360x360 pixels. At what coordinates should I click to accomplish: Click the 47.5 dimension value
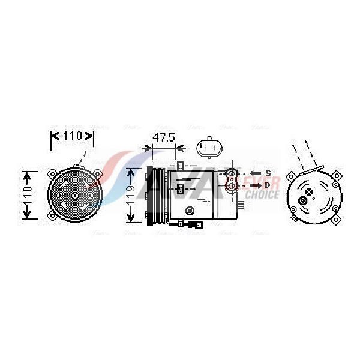click(163, 137)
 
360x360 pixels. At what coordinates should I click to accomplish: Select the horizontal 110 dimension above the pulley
click(72, 136)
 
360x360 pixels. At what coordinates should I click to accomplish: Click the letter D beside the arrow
click(268, 185)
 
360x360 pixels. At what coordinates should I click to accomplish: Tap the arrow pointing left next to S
click(255, 173)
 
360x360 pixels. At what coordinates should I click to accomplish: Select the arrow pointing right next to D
click(255, 185)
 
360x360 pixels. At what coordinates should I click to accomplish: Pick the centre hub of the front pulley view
click(74, 196)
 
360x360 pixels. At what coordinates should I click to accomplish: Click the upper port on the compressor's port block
click(232, 174)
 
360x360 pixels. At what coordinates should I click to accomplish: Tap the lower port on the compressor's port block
click(232, 186)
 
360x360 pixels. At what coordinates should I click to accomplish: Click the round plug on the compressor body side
click(190, 210)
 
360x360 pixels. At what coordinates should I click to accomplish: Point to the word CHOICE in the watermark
click(262, 195)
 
